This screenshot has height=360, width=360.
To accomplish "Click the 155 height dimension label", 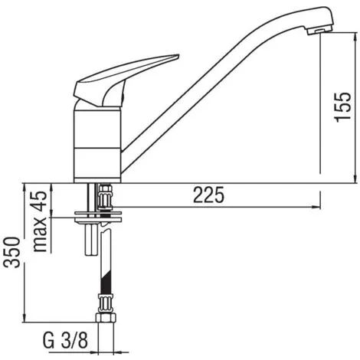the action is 342,106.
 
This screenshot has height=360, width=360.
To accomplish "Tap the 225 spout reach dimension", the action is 208,195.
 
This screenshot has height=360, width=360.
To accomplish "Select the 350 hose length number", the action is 11,252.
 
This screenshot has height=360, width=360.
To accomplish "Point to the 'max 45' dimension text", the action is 41,221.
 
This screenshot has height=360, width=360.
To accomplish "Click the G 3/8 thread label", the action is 65,340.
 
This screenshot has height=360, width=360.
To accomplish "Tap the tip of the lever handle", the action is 178,55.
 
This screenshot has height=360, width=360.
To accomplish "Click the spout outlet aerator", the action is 318,31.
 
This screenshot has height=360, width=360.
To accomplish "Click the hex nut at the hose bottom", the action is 106,318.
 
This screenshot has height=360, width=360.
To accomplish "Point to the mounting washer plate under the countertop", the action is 97,217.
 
